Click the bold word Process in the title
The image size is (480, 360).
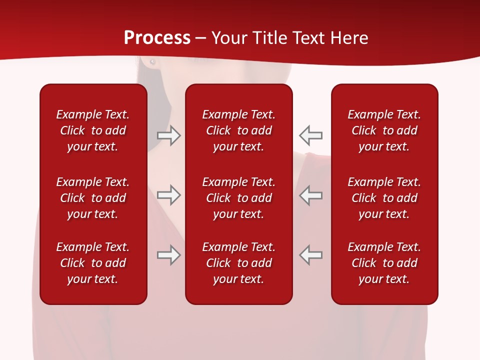[157, 38]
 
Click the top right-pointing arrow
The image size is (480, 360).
[169, 135]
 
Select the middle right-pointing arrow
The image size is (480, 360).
[169, 195]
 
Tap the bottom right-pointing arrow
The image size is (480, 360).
[169, 255]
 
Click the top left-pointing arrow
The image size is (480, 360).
[310, 135]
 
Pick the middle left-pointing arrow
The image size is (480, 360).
[310, 195]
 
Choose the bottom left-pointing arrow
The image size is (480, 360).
[310, 254]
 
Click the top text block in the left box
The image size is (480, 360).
[93, 130]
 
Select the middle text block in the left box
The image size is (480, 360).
[93, 198]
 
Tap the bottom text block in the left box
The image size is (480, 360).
[93, 263]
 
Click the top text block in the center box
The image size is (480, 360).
[238, 130]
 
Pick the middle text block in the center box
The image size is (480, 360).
[238, 198]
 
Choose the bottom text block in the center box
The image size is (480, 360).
[238, 263]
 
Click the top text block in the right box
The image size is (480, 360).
[384, 130]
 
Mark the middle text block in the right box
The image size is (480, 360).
[384, 198]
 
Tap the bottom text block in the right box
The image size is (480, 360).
[384, 263]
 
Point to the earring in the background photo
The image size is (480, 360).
[152, 62]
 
